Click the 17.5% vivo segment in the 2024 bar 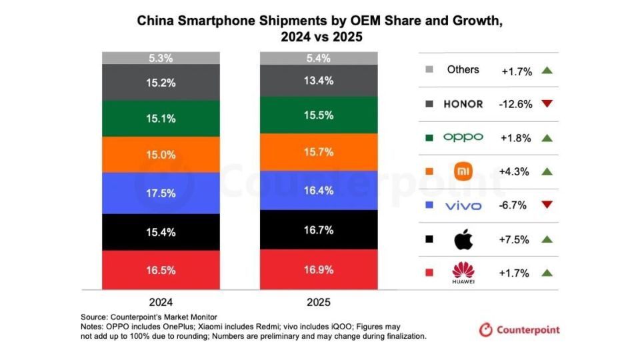coord(160,193)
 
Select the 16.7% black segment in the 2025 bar coord(318,230)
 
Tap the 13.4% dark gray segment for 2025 coord(318,81)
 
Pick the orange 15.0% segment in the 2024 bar coord(160,155)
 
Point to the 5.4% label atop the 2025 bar coord(318,59)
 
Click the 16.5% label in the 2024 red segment coord(160,271)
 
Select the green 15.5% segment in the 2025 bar coord(318,115)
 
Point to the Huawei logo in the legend coord(462,272)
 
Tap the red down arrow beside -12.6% coord(547,103)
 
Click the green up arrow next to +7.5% coord(547,239)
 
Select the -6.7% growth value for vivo coord(513,205)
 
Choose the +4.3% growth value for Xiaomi coord(513,171)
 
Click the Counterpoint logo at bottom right coord(519,329)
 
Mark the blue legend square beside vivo coord(429,205)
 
